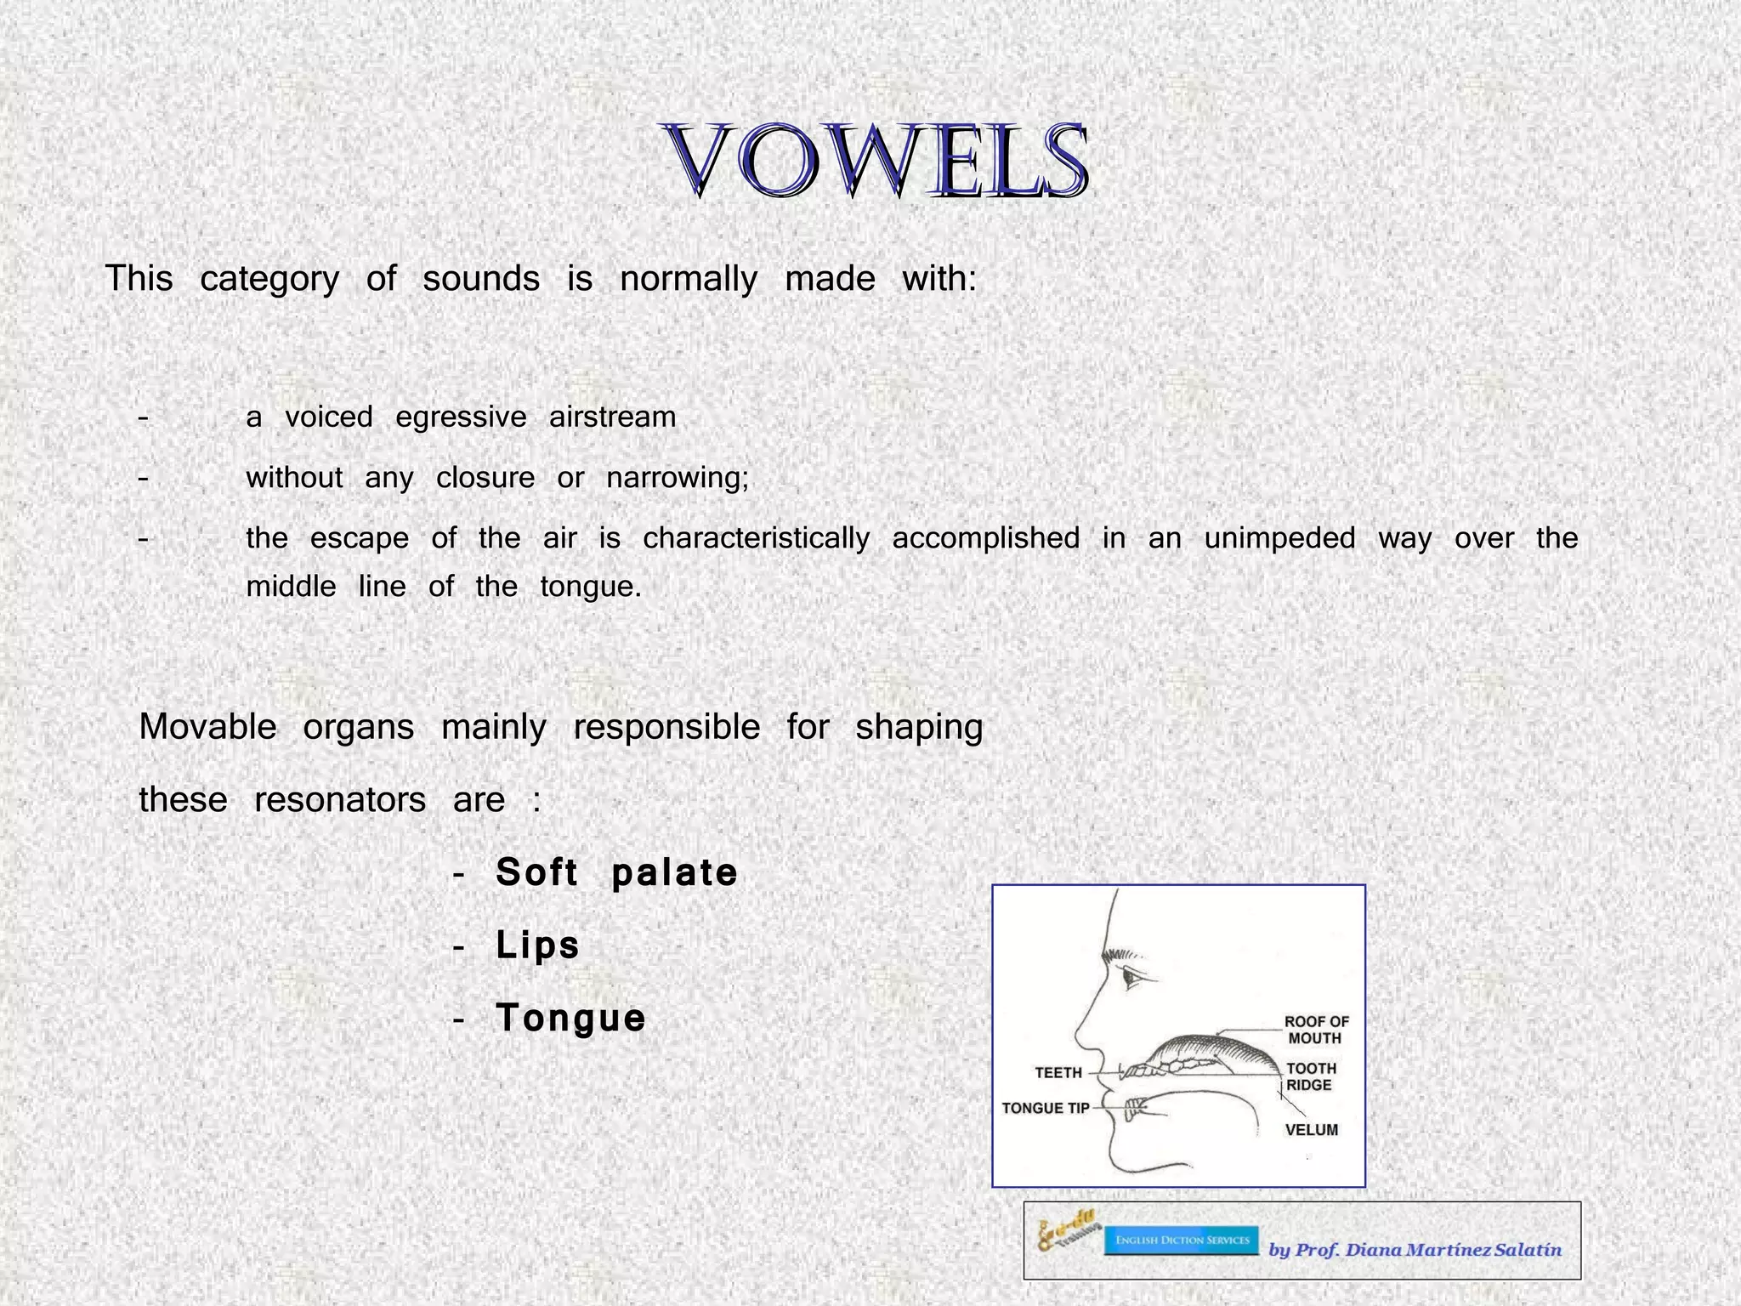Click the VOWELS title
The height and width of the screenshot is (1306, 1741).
pos(876,162)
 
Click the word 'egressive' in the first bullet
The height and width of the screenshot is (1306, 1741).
pos(461,417)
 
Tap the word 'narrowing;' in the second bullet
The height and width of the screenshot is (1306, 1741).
pos(678,478)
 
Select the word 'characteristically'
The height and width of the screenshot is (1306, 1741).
pos(756,538)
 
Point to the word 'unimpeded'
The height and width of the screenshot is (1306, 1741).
pos(1279,538)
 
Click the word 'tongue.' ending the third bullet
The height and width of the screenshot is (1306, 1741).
pos(590,587)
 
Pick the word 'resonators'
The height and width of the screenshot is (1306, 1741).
pos(340,800)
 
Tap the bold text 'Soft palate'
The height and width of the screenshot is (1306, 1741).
pos(616,872)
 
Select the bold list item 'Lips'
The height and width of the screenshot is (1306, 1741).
pos(537,945)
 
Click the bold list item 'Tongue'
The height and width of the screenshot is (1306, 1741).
pos(570,1018)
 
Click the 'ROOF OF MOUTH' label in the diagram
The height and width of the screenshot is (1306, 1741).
pos(1316,1030)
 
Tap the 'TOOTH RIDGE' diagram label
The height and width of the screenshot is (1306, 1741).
pos(1311,1076)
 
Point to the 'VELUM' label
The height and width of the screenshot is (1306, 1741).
pos(1311,1130)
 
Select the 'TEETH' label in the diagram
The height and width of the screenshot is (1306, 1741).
pos(1058,1073)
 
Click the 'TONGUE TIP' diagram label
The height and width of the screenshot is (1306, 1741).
pos(1045,1109)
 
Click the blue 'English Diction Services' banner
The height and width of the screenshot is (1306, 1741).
pos(1181,1241)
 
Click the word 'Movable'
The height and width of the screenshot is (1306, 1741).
pos(207,728)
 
